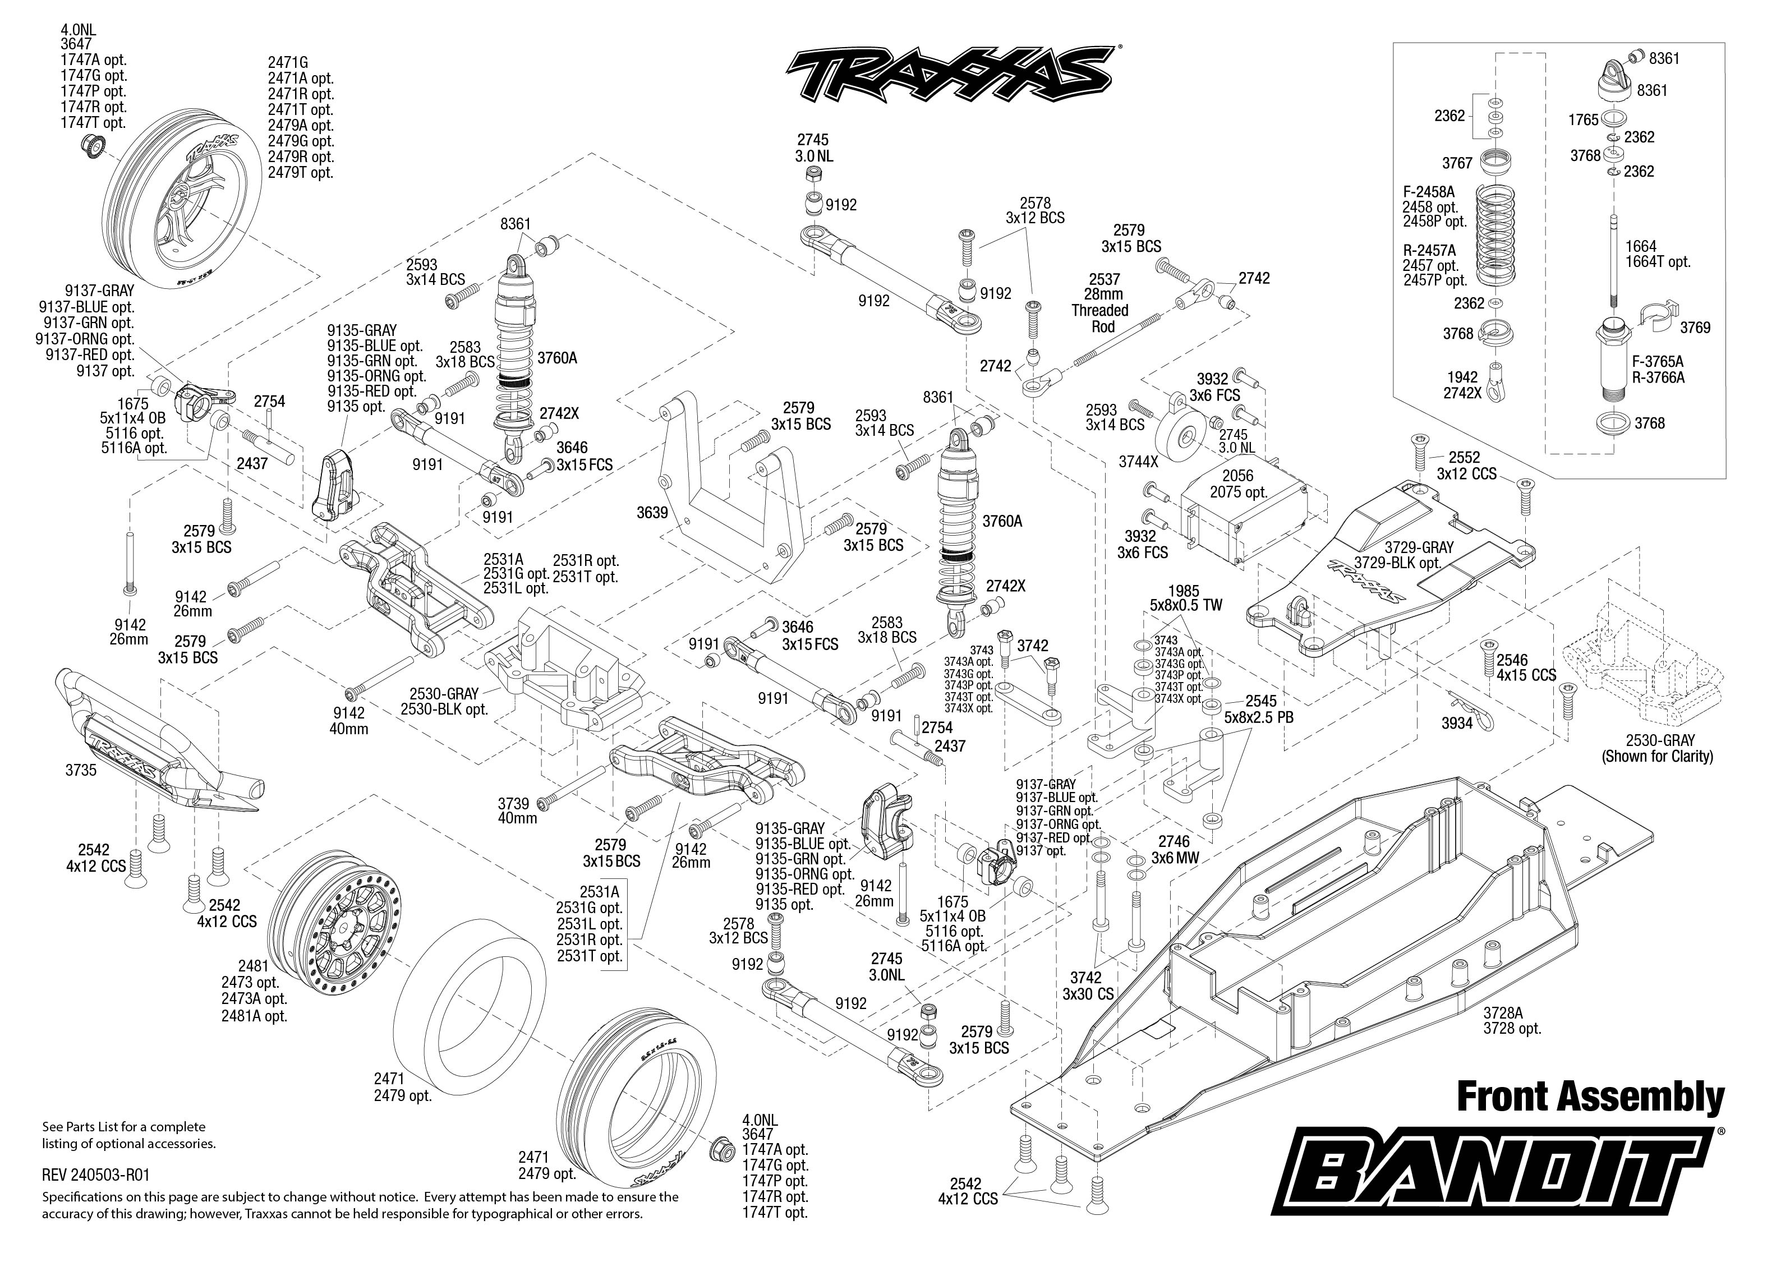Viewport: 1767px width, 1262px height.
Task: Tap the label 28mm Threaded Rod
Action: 1103,302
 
